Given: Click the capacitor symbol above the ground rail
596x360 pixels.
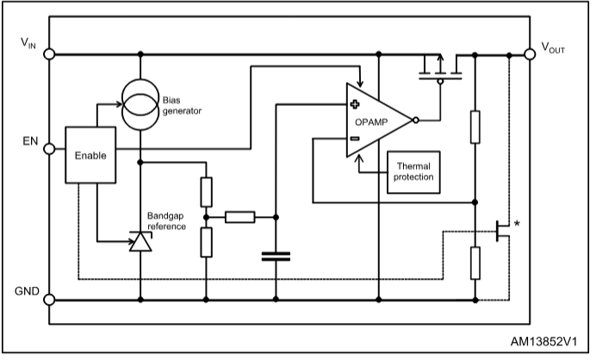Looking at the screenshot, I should click(276, 255).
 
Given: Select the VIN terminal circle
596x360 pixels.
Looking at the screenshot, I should click(50, 53).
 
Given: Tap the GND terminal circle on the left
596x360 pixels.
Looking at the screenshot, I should click(50, 300).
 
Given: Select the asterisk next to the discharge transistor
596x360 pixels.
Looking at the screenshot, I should click(517, 225).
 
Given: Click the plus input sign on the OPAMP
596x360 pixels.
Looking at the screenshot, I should click(354, 105).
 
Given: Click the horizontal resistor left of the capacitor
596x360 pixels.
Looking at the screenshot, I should click(240, 217).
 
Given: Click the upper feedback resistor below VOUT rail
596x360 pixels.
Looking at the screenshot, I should click(475, 126).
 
